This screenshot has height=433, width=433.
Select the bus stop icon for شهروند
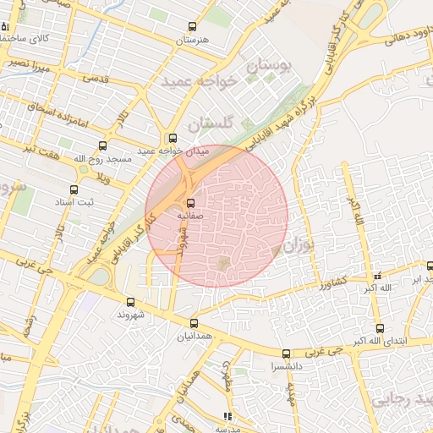tap(130, 302)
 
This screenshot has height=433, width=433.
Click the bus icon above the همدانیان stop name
tap(195, 322)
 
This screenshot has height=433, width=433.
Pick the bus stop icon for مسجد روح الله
tap(103, 145)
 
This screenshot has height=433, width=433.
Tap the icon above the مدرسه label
tap(226, 416)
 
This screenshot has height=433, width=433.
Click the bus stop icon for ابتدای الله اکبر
tap(380, 328)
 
